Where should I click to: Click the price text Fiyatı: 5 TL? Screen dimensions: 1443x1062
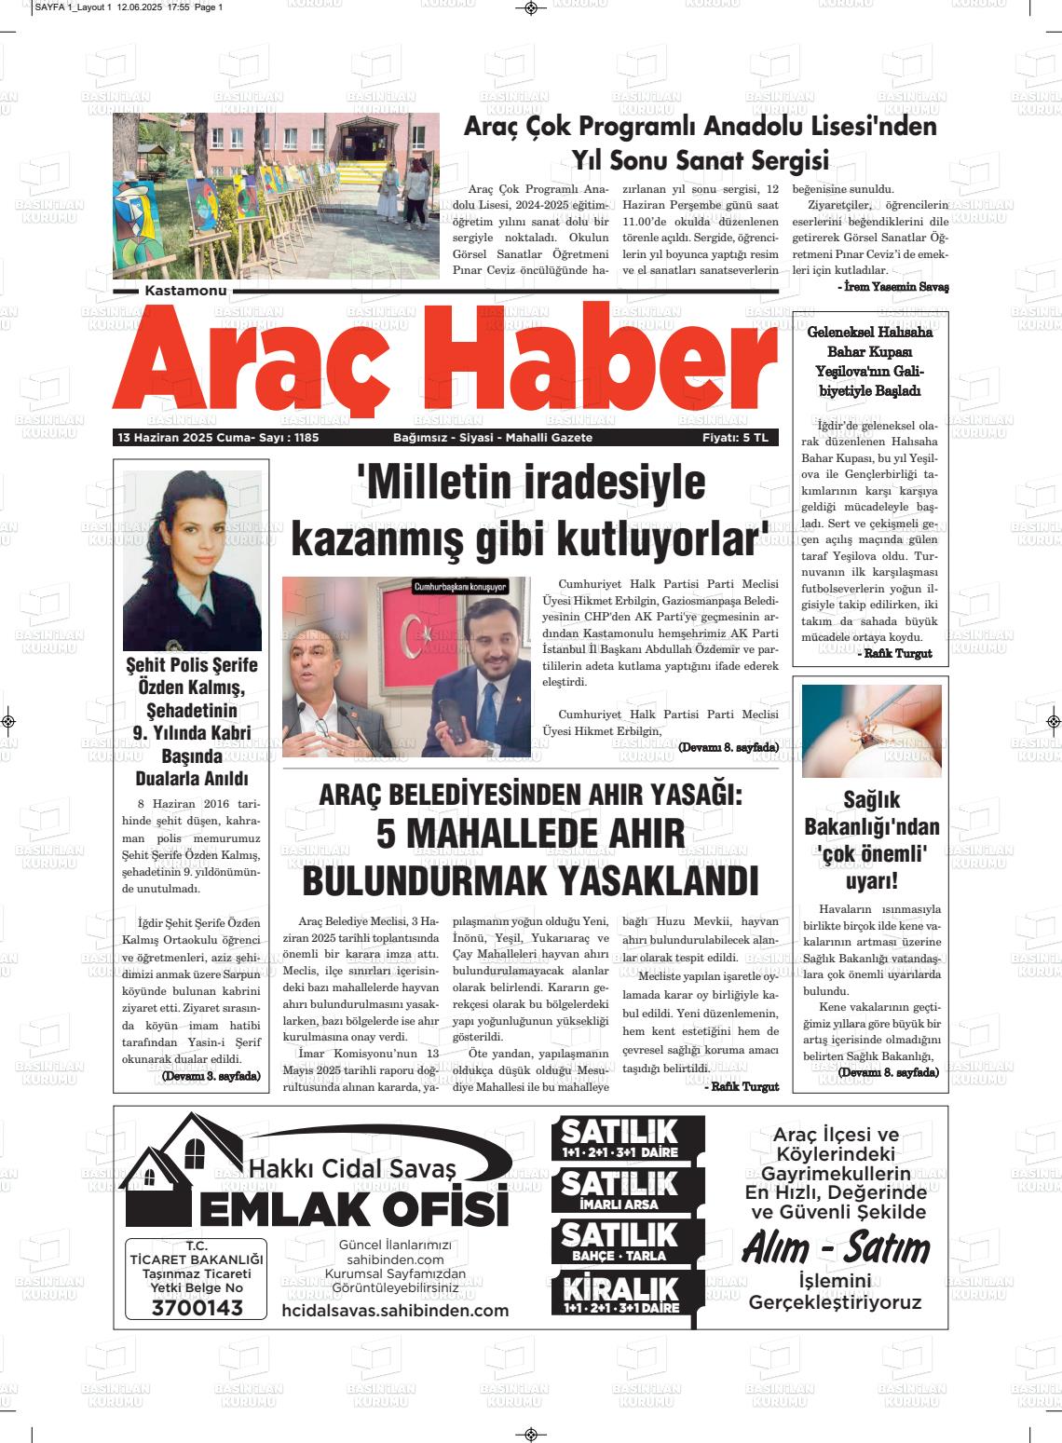(x=735, y=438)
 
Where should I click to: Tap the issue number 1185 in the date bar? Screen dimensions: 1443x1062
(x=306, y=438)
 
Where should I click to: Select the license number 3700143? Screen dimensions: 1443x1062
(x=197, y=1308)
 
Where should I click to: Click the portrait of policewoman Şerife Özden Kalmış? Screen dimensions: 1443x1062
(x=192, y=559)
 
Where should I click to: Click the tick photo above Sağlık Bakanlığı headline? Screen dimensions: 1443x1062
(x=871, y=731)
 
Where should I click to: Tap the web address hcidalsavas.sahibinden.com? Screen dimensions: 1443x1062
(x=395, y=1311)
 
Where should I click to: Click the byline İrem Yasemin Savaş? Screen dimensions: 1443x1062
(x=892, y=287)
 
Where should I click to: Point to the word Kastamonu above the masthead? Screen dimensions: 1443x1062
(x=186, y=292)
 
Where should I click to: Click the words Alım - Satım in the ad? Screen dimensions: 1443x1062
(x=835, y=1248)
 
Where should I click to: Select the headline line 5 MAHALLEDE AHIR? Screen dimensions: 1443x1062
(x=530, y=834)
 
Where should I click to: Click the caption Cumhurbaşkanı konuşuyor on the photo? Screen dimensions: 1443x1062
(x=460, y=587)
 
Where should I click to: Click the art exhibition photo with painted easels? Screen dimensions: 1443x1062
(x=276, y=196)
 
